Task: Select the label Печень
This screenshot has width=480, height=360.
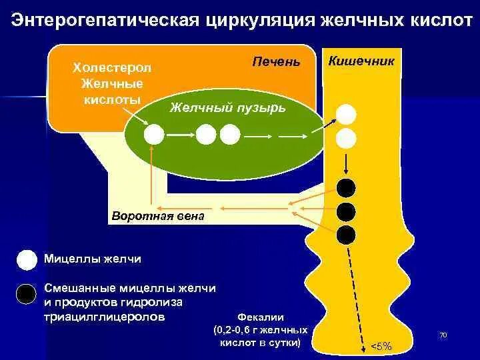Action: [276, 61]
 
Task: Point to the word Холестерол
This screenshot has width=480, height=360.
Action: [113, 68]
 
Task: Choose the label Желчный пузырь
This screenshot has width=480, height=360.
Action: [228, 107]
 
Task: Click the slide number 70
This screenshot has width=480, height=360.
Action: [443, 334]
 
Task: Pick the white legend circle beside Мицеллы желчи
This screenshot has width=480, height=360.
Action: [27, 259]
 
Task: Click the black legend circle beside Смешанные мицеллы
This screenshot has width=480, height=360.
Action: [27, 293]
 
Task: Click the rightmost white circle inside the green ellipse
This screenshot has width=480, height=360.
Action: [230, 135]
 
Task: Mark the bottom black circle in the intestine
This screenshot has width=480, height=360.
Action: [346, 234]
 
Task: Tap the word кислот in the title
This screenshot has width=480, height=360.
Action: [433, 20]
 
